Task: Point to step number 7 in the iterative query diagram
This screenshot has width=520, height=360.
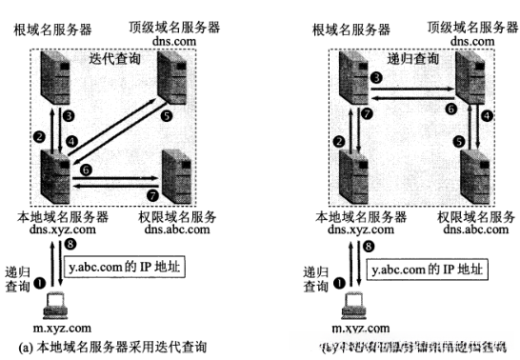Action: point(148,194)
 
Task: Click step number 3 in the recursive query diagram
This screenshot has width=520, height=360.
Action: point(376,75)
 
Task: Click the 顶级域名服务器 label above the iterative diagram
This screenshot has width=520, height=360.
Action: point(180,29)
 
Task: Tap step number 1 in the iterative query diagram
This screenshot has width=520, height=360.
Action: point(40,282)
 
